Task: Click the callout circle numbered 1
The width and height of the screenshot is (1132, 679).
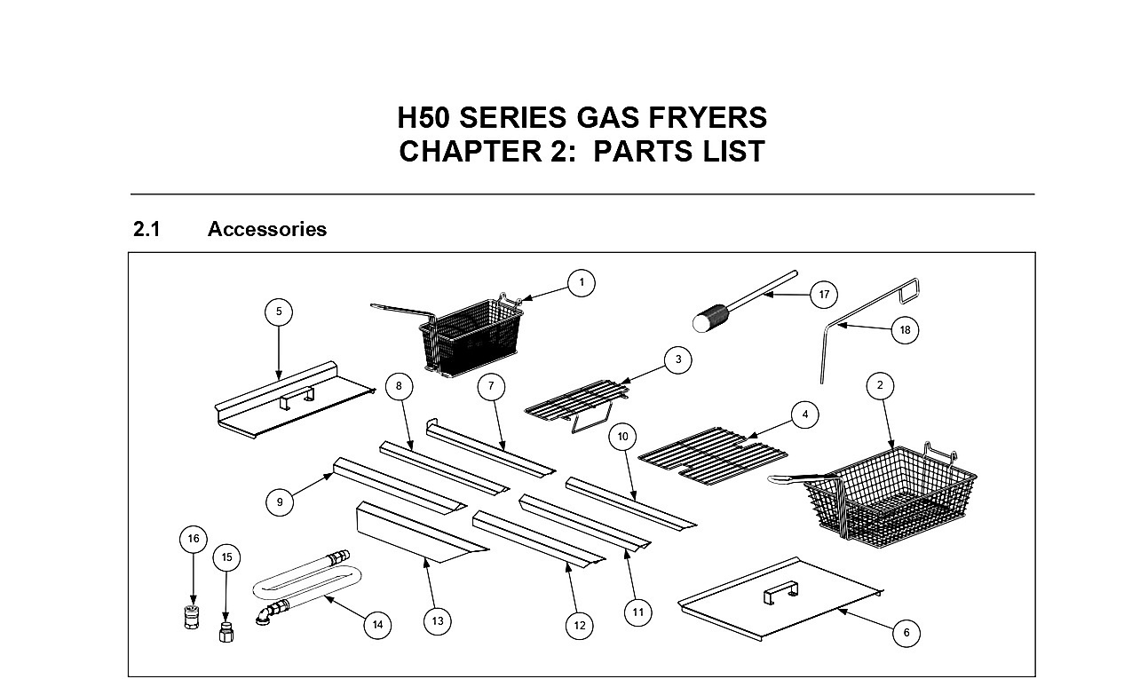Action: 582,283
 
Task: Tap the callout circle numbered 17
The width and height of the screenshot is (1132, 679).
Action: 824,295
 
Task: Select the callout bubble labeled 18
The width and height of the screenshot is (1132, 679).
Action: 905,330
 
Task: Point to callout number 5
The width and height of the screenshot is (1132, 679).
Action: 279,312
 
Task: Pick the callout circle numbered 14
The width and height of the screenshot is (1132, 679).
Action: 377,625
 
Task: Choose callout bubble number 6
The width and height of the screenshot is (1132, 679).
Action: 906,633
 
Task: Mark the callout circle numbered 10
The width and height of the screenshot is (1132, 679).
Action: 622,437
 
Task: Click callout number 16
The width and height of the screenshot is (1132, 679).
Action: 194,539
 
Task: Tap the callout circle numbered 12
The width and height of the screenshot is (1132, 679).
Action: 579,626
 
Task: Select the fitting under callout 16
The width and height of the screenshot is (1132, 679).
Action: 192,616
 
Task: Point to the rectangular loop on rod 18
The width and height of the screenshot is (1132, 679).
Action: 910,291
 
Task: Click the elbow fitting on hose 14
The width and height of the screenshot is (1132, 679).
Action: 264,615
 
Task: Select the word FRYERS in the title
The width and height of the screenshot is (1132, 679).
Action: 708,118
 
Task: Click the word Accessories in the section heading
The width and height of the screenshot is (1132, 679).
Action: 267,229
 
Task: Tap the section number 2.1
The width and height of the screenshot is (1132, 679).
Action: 146,229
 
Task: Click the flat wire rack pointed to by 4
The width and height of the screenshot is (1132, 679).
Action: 713,456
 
